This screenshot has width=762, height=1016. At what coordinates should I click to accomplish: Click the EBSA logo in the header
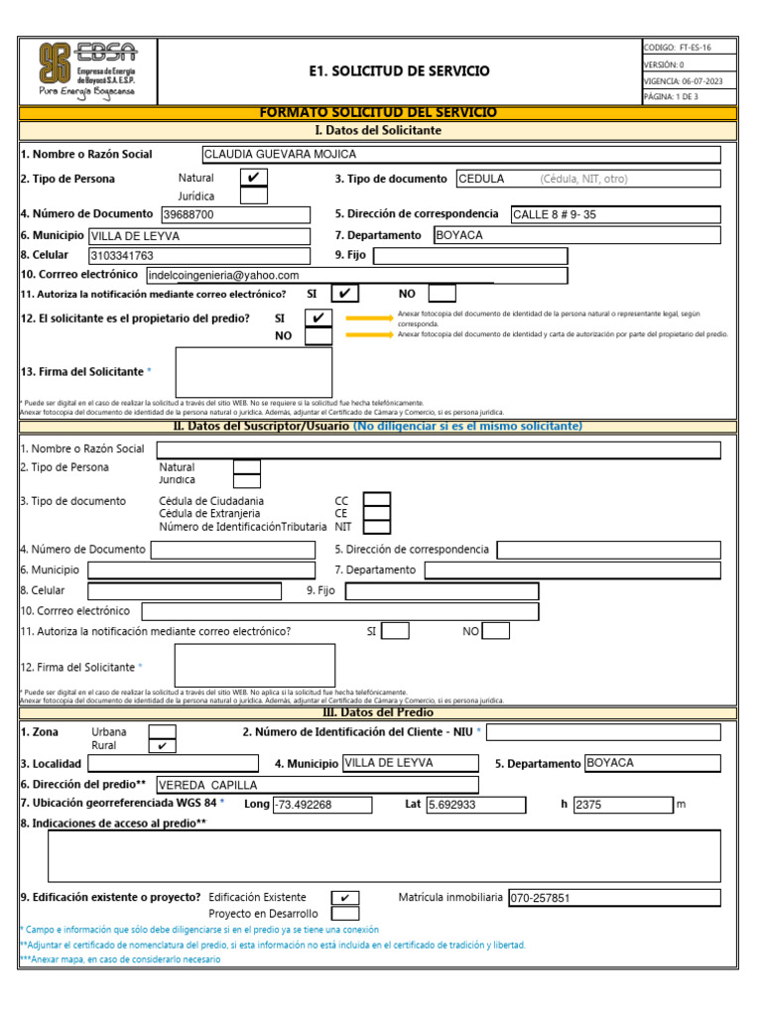pos(87,70)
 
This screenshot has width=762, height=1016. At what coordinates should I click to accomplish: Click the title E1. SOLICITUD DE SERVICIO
pos(399,71)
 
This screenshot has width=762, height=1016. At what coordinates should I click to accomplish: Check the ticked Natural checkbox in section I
pos(254,178)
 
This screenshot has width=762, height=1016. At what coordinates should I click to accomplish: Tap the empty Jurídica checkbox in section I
pos(254,195)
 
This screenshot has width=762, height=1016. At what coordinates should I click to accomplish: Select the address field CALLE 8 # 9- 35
pos(614,214)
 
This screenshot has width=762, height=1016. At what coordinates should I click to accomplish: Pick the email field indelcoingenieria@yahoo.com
pos(356,275)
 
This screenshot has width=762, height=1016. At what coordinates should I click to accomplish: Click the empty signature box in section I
pos(254,371)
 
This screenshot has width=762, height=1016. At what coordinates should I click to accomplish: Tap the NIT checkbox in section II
pos(377,527)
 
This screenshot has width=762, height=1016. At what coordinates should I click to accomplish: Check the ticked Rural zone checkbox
pos(162,745)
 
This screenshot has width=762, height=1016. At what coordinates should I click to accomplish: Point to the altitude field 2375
pos(622,805)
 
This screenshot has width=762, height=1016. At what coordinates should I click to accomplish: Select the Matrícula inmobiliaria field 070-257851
pos(613,897)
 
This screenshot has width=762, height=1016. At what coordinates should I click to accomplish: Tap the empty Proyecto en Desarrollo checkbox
pos(345,913)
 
